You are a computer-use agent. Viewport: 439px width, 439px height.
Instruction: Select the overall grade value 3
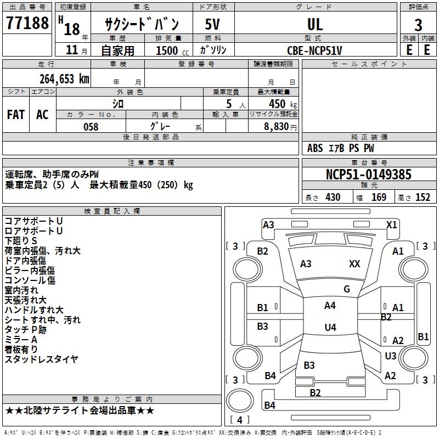[x=418, y=25]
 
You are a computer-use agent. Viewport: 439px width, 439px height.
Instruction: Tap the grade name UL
[x=315, y=24]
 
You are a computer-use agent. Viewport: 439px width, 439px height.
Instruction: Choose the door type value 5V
[x=213, y=24]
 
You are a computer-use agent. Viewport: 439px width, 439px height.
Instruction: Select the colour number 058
[x=91, y=127]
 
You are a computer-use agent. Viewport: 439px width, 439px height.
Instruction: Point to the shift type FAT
[x=15, y=115]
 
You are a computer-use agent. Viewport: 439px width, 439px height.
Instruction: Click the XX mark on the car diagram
[x=354, y=264]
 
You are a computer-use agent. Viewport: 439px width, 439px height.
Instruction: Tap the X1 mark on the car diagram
[x=391, y=224]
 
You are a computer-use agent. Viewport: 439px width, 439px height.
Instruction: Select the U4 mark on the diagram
[x=330, y=328]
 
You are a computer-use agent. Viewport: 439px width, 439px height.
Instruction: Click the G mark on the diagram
[x=347, y=289]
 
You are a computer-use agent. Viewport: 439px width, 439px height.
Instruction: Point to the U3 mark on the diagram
[x=390, y=356]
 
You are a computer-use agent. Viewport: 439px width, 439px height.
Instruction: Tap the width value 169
[x=379, y=198]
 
